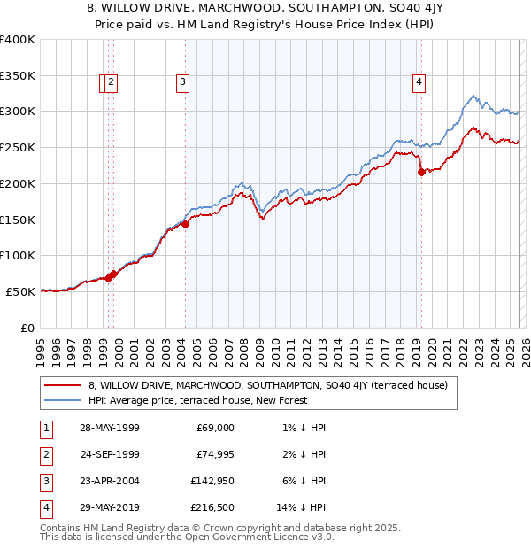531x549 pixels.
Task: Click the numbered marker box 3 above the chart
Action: (x=182, y=82)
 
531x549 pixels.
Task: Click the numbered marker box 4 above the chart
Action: (x=419, y=82)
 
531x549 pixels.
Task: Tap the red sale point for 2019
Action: (x=421, y=173)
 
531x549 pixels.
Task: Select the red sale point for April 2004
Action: (x=185, y=225)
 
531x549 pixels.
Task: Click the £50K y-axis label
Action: (x=20, y=290)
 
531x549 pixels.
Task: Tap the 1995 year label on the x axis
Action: (x=40, y=346)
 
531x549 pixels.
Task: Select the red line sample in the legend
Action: (x=61, y=385)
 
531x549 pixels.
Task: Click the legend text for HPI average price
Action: (x=196, y=400)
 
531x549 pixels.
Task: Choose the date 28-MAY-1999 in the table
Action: (x=109, y=428)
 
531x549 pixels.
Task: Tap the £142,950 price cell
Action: (x=212, y=481)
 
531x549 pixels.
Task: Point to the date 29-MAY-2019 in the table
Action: (x=109, y=507)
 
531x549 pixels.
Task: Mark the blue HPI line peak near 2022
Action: (x=474, y=95)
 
